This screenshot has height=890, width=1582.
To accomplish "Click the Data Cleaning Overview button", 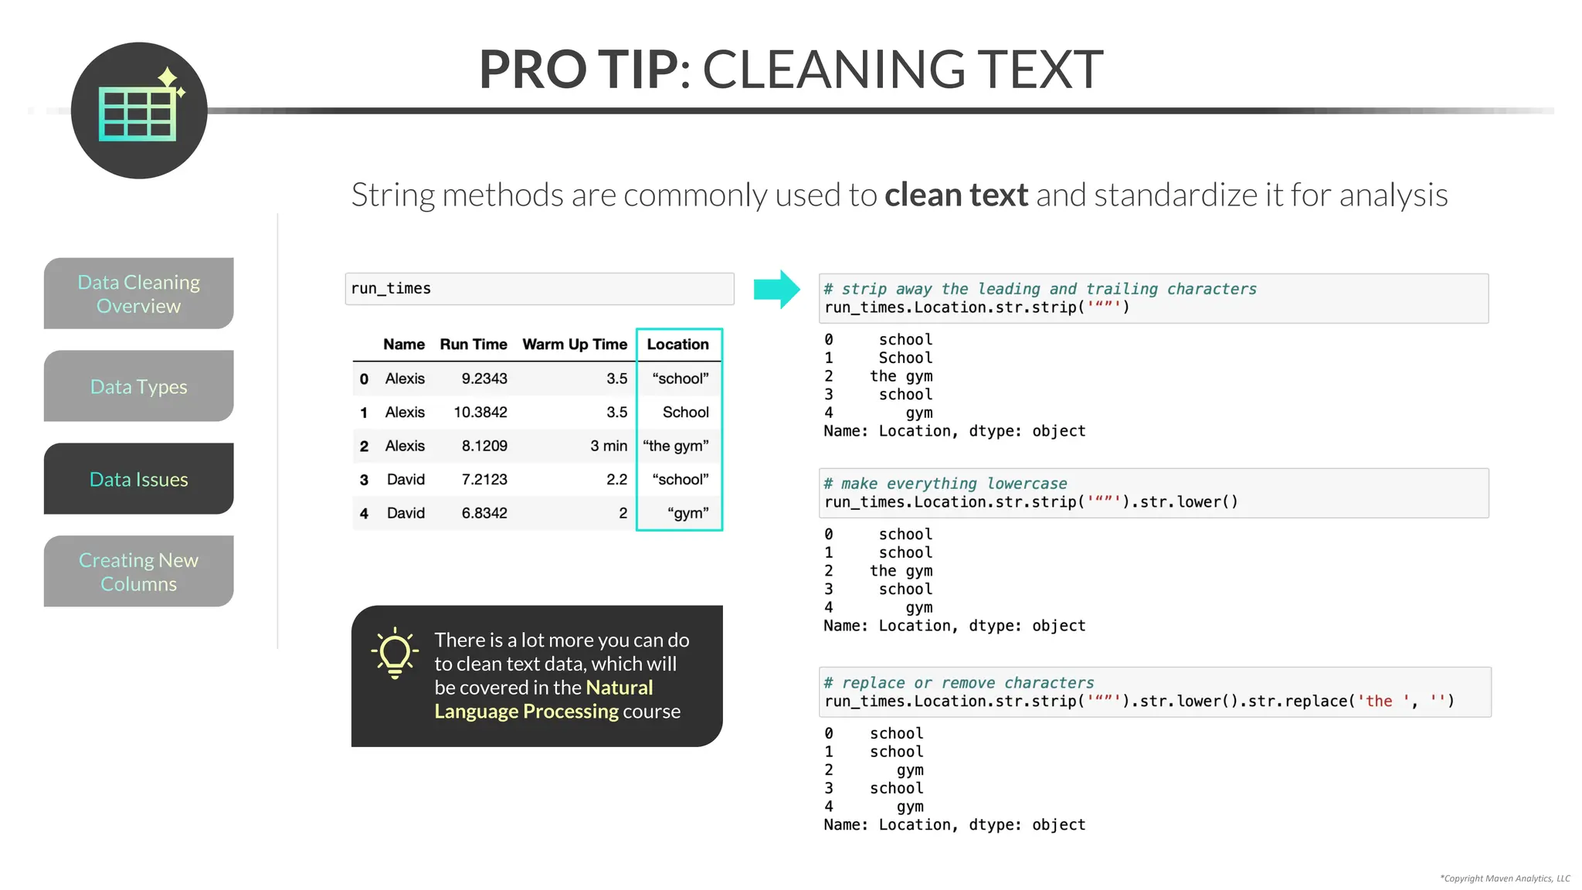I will coord(139,294).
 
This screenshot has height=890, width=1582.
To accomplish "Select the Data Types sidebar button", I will coord(139,386).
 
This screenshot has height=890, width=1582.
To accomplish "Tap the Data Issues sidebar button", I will coord(139,479).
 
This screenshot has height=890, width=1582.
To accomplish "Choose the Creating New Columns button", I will coord(139,572).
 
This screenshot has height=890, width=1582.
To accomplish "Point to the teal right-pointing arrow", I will coord(776,290).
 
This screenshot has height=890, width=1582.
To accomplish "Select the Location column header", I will coord(677,345).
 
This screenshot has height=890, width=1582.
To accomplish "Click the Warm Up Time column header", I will coord(575,345).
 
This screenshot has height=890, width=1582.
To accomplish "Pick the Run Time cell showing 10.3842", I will coord(480,413).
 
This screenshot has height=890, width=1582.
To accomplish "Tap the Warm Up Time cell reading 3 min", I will coord(609,446).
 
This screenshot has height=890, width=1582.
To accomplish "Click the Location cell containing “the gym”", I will coord(676,446).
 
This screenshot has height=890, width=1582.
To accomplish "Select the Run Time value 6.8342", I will coord(484,513).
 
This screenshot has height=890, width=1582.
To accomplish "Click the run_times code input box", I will coord(539,289).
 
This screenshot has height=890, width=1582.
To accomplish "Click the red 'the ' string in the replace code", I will coord(1380,701).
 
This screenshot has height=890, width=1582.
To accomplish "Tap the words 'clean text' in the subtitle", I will coord(956,195).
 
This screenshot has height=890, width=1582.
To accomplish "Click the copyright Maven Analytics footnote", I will coord(1505,878).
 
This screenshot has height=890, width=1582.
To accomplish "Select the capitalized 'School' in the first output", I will coord(905,358).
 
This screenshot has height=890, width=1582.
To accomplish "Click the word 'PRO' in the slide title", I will coord(532,70).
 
